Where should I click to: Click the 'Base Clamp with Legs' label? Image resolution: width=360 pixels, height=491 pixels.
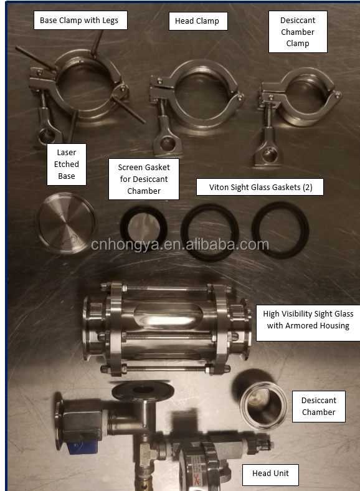(x=80, y=21)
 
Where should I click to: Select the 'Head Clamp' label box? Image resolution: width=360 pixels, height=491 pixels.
(x=197, y=21)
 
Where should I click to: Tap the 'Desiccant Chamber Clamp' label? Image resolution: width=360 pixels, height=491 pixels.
(x=297, y=31)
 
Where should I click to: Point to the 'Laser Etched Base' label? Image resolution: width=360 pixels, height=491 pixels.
(x=67, y=164)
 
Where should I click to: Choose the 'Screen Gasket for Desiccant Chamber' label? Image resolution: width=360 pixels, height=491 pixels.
(x=144, y=179)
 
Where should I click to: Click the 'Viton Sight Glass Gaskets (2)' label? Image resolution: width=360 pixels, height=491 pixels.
(x=260, y=186)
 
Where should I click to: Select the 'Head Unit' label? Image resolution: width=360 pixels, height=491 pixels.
(x=270, y=474)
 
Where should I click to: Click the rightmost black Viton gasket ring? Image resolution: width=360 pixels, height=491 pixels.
(x=280, y=229)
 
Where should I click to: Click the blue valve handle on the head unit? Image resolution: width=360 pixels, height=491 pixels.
(x=80, y=446)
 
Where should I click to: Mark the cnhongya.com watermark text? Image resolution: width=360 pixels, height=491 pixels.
(x=180, y=245)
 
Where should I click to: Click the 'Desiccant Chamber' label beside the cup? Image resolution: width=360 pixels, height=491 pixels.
(x=319, y=406)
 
